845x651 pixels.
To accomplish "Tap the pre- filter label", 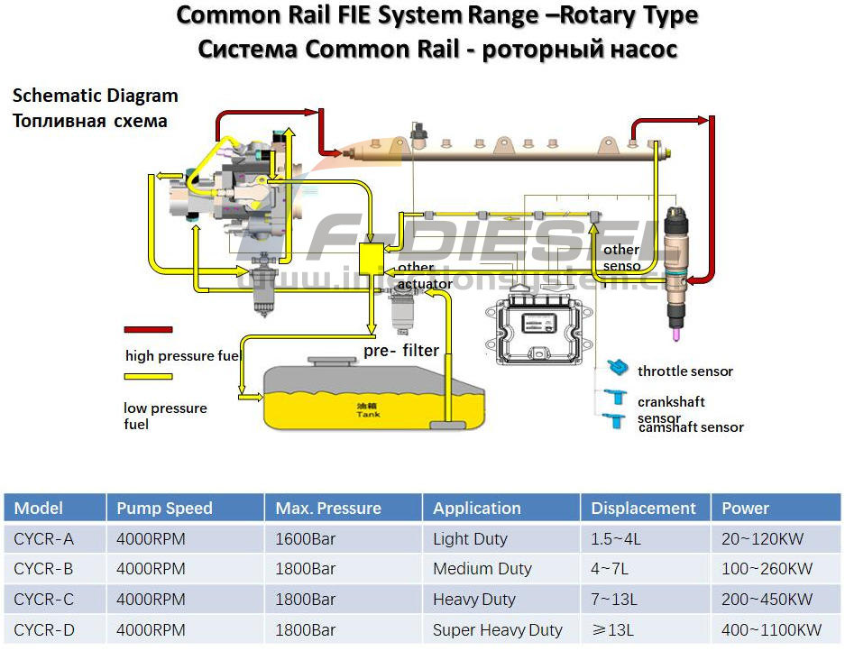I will (x=401, y=351).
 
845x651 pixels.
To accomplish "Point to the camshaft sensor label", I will (x=691, y=427).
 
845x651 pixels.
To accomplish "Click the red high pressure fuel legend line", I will (x=148, y=330).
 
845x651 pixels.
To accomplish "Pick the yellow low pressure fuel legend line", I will (x=150, y=378).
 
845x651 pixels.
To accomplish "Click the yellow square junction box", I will (x=371, y=259).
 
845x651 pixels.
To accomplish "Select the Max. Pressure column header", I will (x=328, y=509).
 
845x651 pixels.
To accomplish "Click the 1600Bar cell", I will (x=306, y=539).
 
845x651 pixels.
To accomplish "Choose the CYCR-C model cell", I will (x=44, y=600).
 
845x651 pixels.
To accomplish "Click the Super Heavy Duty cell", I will (x=497, y=630).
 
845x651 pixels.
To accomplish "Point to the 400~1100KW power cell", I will (x=771, y=630).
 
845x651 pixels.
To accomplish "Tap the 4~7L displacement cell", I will (x=615, y=569).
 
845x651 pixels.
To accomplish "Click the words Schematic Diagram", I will (x=95, y=96).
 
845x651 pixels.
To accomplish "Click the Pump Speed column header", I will (x=164, y=509).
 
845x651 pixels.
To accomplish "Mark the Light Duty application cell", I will (x=470, y=539).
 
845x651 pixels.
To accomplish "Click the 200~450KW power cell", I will (x=767, y=600).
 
